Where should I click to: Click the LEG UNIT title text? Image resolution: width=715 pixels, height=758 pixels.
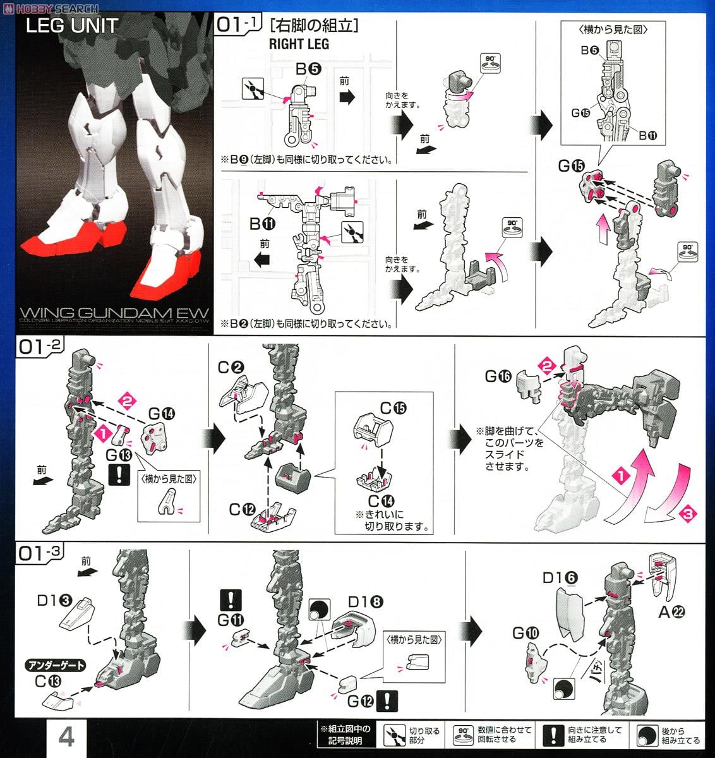click(72, 26)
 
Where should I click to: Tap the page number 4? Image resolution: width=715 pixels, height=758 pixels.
click(66, 737)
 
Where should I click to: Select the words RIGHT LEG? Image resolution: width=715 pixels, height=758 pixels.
click(299, 44)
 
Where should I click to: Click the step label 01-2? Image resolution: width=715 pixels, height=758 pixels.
click(41, 347)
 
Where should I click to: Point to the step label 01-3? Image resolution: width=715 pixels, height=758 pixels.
click(41, 553)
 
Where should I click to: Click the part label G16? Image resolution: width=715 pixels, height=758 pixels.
click(498, 377)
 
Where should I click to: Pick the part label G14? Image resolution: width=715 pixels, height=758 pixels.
click(162, 415)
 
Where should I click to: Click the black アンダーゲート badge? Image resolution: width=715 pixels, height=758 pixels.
click(55, 665)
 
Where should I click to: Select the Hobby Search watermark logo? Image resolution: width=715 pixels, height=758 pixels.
click(50, 8)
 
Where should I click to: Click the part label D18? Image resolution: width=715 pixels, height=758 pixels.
click(366, 602)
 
